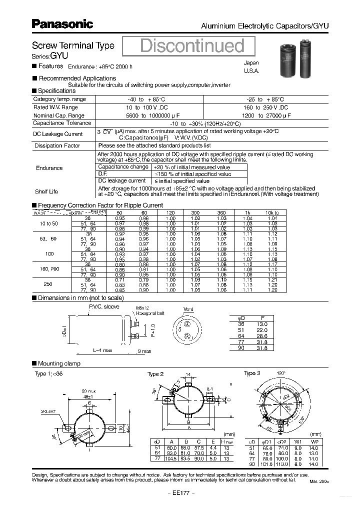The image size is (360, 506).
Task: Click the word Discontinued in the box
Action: point(192,46)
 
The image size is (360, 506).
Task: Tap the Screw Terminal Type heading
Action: point(73,45)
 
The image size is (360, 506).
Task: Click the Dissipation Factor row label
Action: point(57,145)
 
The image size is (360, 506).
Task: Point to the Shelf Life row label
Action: point(46,191)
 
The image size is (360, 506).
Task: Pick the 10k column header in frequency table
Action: point(272,213)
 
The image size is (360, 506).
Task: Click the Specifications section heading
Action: point(56,91)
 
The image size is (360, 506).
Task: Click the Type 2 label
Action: point(155,374)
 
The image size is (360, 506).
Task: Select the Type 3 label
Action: point(252,373)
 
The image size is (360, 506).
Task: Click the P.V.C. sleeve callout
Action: point(104,306)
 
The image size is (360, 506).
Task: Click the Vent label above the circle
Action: point(188,309)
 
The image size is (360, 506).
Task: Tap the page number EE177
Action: point(180,492)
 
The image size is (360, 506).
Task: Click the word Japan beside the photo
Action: point(251,63)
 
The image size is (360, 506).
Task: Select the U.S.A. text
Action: point(251,71)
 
